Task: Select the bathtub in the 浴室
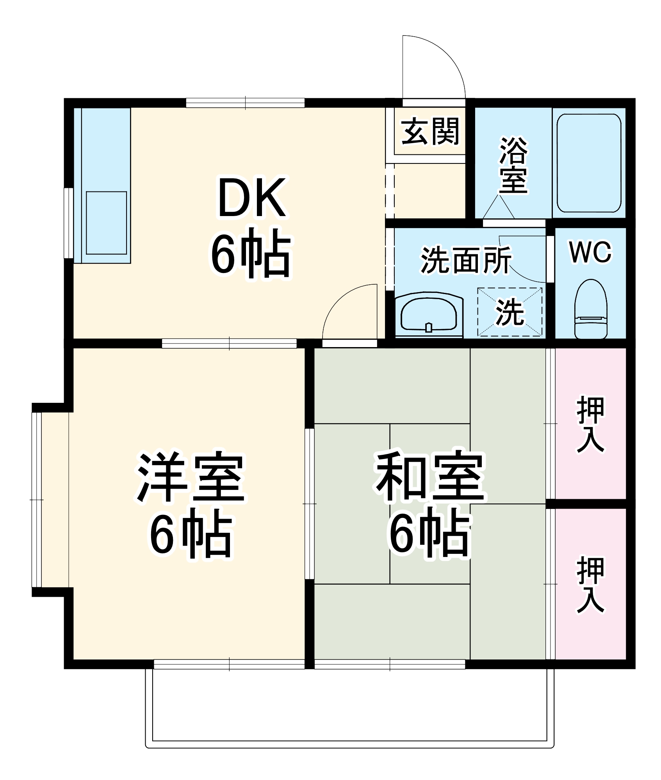click(589, 163)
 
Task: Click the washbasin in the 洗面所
click(428, 316)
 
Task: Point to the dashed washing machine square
click(510, 312)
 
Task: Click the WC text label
click(590, 252)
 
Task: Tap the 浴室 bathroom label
click(513, 165)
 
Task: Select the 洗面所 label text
click(466, 260)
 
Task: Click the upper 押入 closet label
click(590, 424)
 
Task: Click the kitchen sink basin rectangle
click(106, 223)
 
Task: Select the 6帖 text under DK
click(251, 253)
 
